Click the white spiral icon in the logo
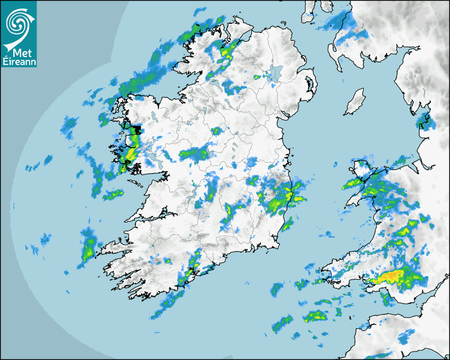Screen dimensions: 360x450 click(17, 22)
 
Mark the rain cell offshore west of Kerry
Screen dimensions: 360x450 click(88, 245)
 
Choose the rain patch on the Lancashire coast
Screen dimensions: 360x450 click(425, 121)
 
